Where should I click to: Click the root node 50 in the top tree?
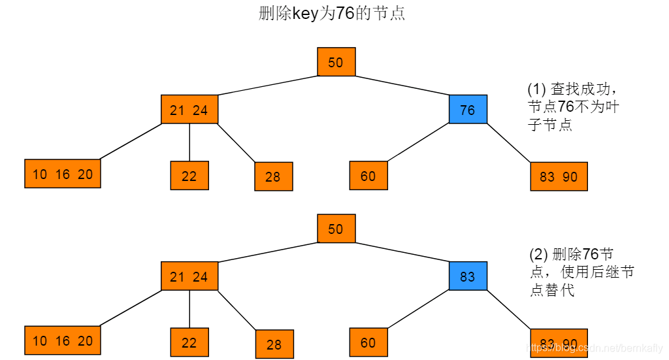click(x=336, y=62)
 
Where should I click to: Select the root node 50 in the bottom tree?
click(x=336, y=229)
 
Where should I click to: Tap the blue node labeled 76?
click(x=468, y=110)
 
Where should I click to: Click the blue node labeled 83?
click(x=468, y=276)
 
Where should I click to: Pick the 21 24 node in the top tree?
click(x=189, y=110)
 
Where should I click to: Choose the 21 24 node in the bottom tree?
click(x=189, y=276)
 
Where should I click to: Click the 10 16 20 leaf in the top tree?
click(x=63, y=174)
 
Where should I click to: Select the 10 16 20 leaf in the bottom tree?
click(x=63, y=340)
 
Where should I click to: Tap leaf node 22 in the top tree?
click(x=189, y=176)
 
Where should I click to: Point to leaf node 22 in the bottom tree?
click(x=189, y=342)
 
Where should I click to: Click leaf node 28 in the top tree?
click(x=273, y=176)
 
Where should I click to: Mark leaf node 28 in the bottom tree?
click(x=274, y=344)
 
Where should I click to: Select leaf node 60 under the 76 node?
click(x=368, y=175)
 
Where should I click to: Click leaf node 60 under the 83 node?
click(x=368, y=342)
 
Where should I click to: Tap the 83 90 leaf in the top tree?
click(x=559, y=176)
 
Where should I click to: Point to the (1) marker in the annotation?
click(x=536, y=90)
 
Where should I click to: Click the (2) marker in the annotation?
click(x=538, y=255)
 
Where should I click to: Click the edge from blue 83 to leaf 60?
click(x=418, y=309)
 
